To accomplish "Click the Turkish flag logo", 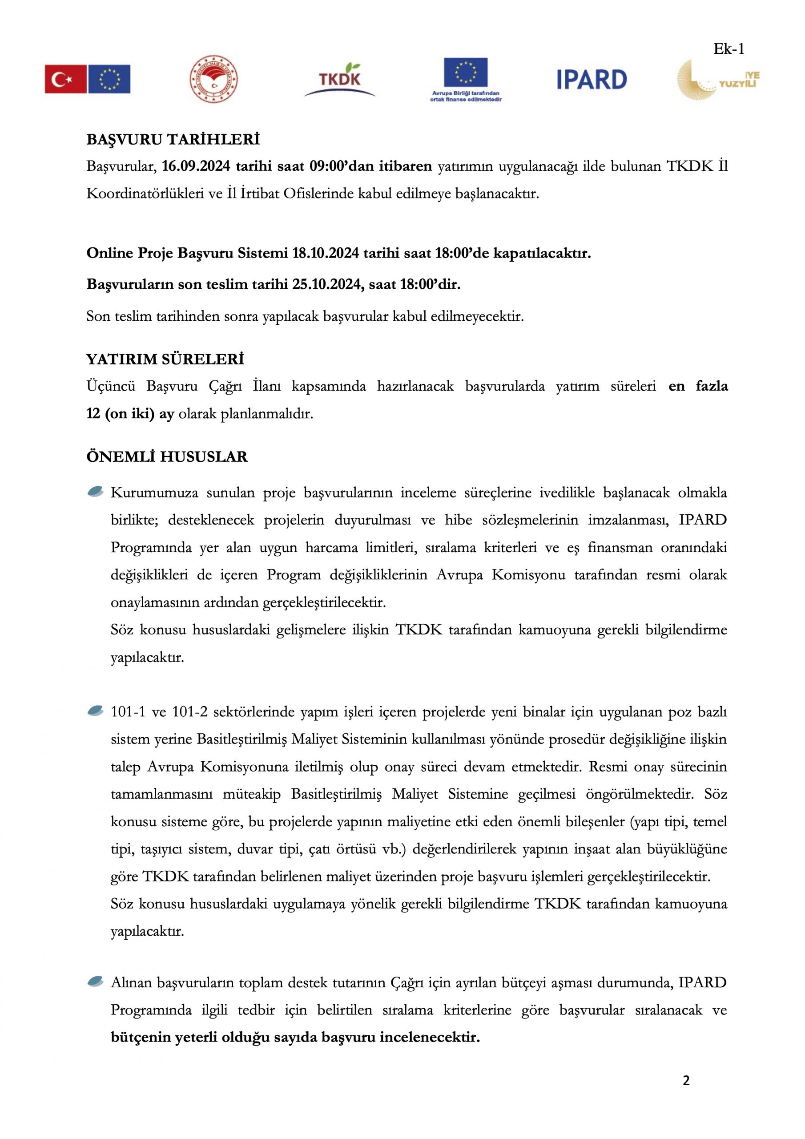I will click(65, 79).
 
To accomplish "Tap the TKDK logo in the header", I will click(340, 79).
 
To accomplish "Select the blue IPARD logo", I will click(591, 79).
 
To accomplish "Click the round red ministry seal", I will click(214, 79).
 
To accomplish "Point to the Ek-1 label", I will click(729, 48).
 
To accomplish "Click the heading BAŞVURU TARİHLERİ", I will click(173, 139).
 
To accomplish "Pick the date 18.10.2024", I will click(326, 253).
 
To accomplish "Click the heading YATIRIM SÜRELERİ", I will click(165, 359).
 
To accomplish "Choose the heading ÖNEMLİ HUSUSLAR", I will click(167, 456).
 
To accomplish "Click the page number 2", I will click(686, 1080).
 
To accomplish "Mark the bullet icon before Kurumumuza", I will click(95, 492).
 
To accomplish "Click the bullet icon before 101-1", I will click(95, 711).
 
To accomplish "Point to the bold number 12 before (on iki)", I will click(93, 413).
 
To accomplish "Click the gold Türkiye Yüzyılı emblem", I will click(717, 79).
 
